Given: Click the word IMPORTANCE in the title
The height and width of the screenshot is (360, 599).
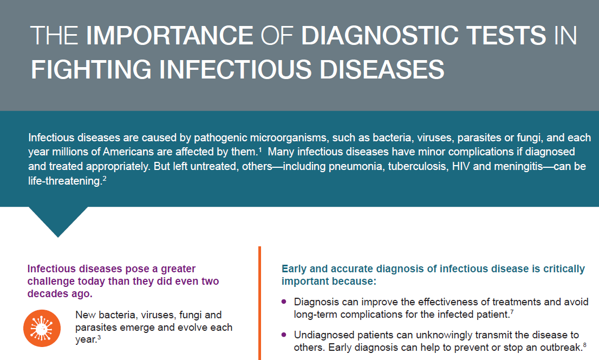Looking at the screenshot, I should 170,36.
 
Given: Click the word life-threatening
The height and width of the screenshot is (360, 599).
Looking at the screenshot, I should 64,181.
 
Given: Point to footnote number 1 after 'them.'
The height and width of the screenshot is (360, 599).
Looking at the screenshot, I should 260,149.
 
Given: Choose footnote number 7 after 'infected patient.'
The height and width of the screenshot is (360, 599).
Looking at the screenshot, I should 512,312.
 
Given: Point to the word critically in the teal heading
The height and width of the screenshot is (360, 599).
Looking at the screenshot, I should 556,269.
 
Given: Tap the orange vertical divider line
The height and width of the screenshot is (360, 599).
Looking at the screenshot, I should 260,303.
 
